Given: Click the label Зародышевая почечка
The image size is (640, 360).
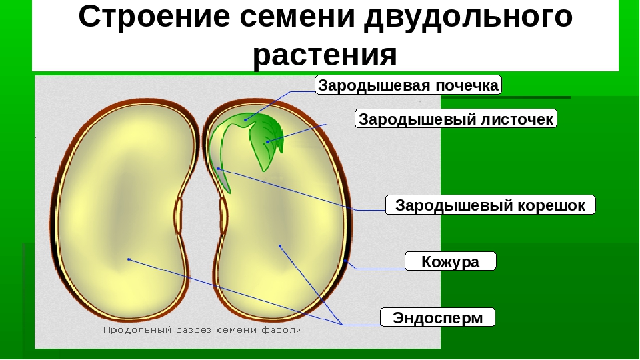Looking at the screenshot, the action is [408, 85].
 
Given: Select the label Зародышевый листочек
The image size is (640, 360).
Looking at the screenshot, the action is [456, 119].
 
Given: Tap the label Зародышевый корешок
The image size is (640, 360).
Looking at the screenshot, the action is [490, 205].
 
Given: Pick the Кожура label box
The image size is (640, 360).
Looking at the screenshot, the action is [450, 261].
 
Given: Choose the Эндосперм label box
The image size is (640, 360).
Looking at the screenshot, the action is [437, 317].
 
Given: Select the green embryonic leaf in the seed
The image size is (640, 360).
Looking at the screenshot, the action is [266, 140].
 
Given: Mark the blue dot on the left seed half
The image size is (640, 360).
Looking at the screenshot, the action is [129, 259].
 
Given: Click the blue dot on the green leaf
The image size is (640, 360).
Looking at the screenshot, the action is [268, 141].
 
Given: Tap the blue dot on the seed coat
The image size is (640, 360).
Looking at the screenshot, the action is [345, 260].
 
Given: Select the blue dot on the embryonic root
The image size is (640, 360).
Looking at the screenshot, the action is [219, 168].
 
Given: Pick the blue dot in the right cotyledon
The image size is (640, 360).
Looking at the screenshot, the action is [280, 246].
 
